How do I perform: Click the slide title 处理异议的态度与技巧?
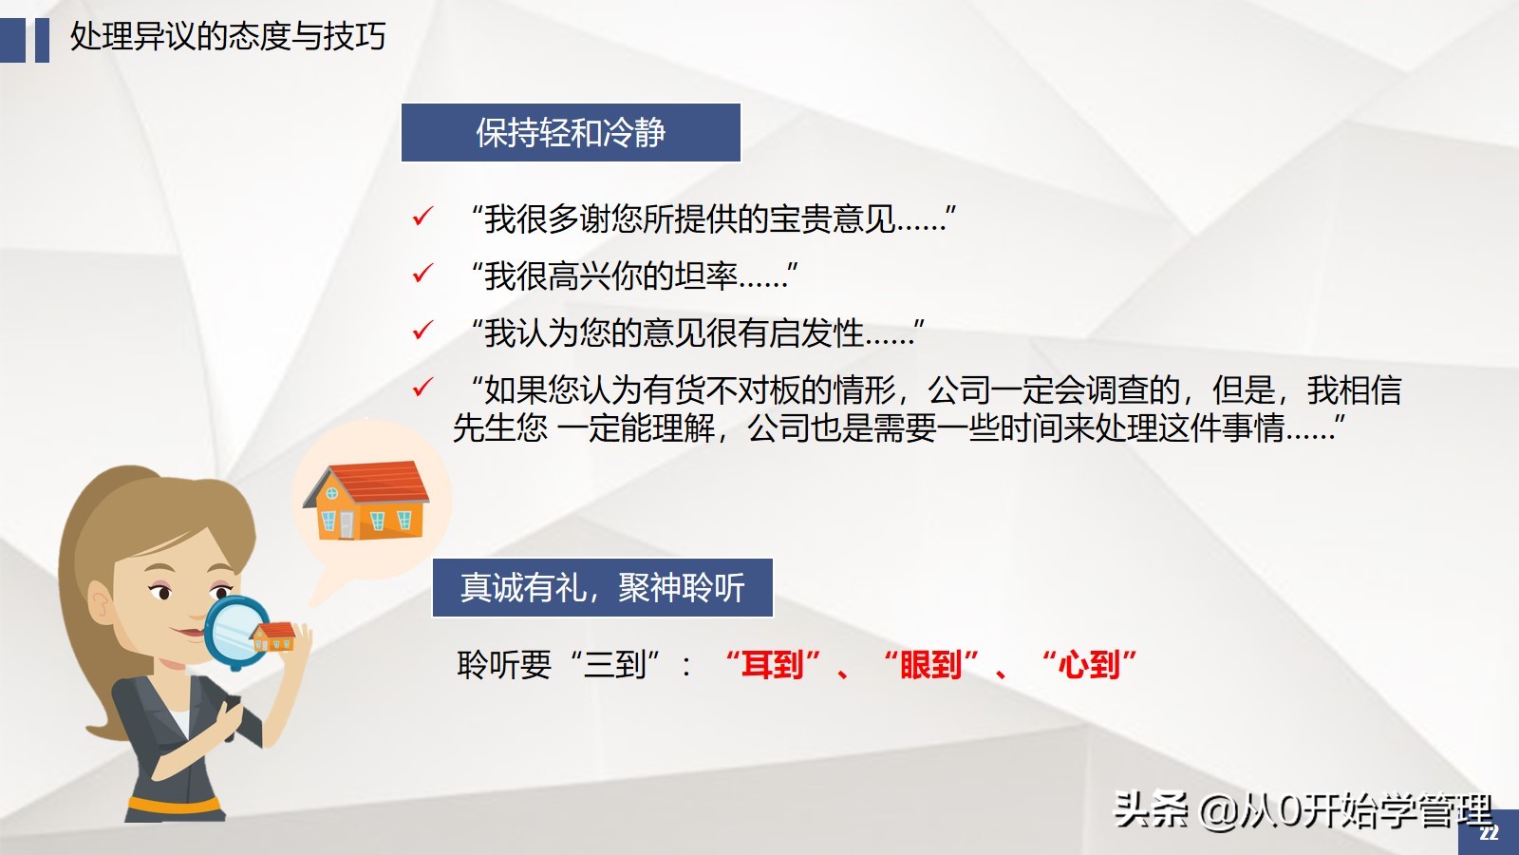pos(228,37)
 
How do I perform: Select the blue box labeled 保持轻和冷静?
pos(571,133)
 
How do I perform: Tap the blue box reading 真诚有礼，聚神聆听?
pos(603,588)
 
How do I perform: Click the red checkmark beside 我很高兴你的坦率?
pos(422,275)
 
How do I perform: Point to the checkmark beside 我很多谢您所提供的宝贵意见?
pos(422,218)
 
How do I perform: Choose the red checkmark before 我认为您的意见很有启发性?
pos(422,332)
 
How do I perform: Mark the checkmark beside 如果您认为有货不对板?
pos(422,388)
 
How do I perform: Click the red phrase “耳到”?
pos(773,664)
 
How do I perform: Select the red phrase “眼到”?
pos(931,664)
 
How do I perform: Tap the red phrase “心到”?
pos(1089,664)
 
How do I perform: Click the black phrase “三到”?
pos(615,664)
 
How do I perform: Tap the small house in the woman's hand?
pos(274,636)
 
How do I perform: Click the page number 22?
pos(1489,833)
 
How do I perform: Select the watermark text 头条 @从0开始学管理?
pos(1302,810)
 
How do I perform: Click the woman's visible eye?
pos(163,594)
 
